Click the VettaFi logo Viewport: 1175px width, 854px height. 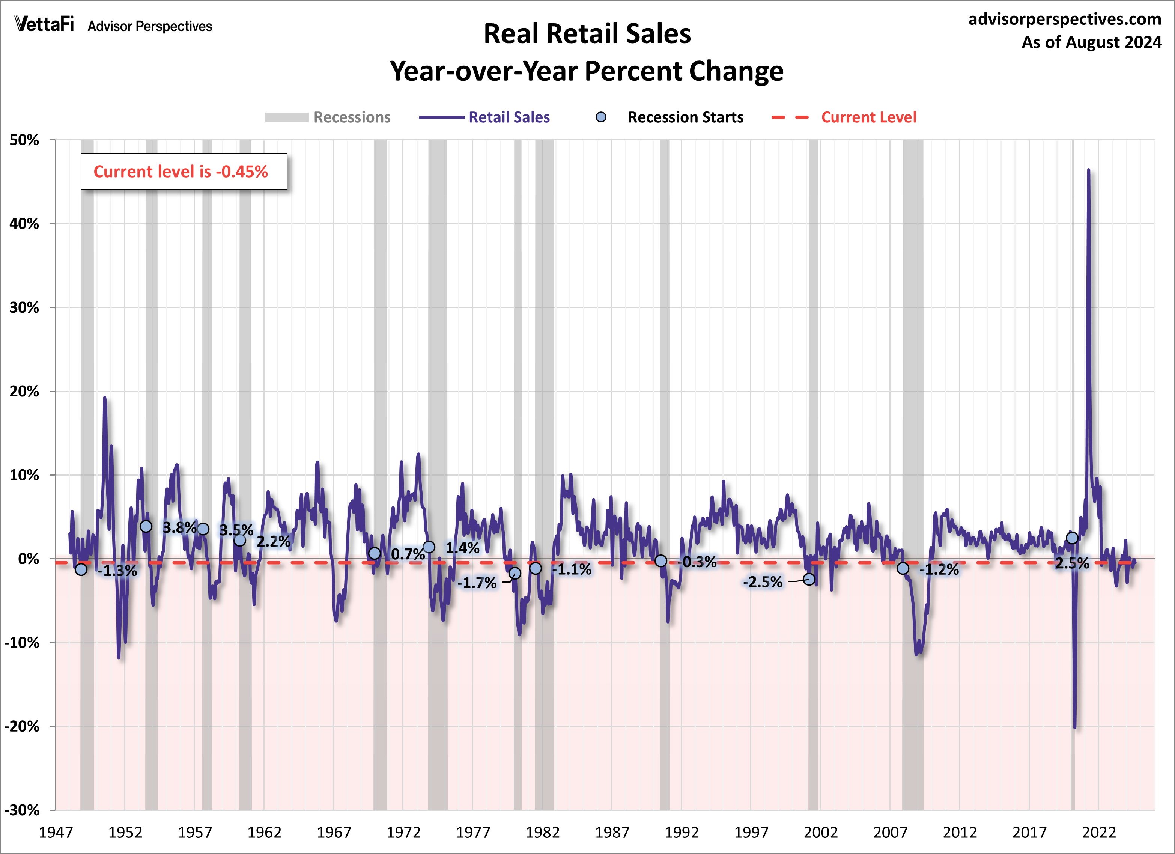[44, 24]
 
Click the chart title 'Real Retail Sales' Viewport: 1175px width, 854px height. [587, 34]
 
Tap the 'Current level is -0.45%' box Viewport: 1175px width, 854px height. [184, 172]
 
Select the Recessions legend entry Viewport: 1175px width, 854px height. [328, 117]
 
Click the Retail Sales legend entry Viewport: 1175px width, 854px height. [484, 117]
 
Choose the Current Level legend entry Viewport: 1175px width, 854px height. [844, 117]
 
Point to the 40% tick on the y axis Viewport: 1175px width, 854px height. [24, 224]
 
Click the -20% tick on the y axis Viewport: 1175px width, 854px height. [22, 726]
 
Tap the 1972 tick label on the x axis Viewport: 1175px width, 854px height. [403, 832]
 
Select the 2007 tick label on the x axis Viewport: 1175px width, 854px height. [890, 832]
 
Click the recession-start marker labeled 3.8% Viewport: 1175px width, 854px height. [146, 527]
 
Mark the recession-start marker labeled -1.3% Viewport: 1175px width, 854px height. [81, 569]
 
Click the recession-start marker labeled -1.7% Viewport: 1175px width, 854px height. [515, 573]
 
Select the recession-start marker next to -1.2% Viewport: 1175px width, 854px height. [903, 568]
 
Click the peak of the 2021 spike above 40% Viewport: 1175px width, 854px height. [1088, 170]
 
